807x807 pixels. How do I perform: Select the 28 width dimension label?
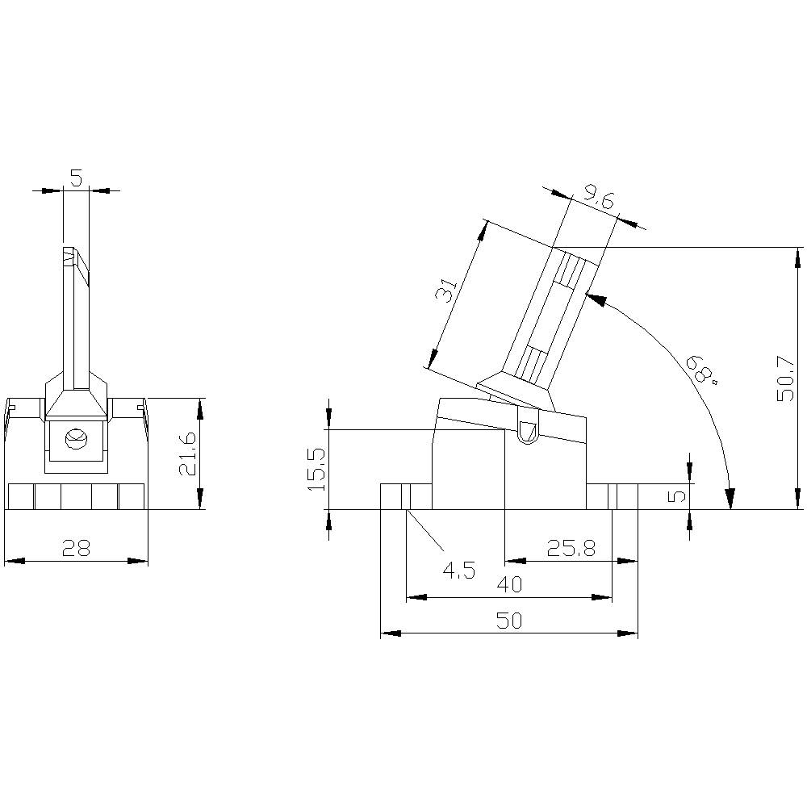(77, 548)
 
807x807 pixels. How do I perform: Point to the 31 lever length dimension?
(447, 289)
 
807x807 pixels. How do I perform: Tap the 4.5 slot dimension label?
(458, 571)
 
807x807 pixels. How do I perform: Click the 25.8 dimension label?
(571, 549)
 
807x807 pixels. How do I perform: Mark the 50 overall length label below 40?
(509, 621)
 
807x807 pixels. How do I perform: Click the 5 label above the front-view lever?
(76, 178)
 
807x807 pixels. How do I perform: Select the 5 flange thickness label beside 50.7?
(679, 494)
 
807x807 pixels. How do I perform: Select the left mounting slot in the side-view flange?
(407, 496)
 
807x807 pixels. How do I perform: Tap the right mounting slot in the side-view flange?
(613, 496)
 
